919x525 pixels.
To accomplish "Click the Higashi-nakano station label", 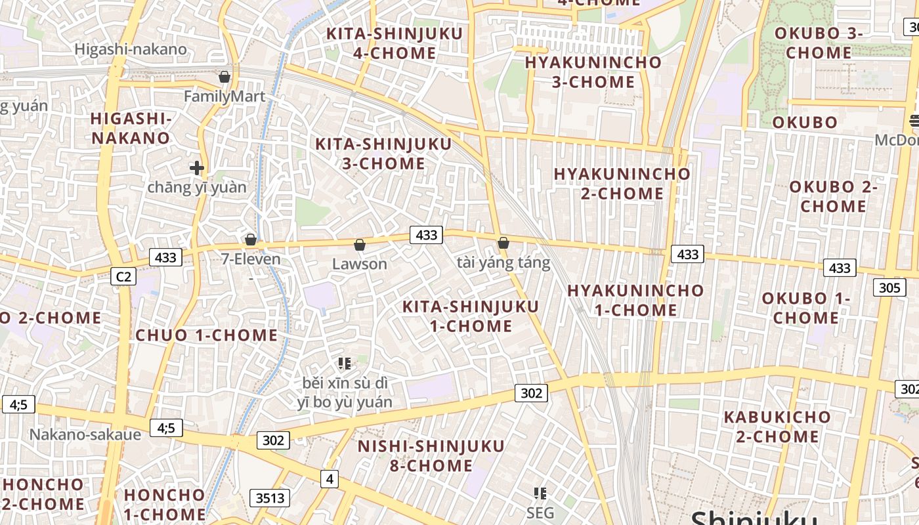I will coord(131,49).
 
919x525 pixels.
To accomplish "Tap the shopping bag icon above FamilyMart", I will coord(224,77).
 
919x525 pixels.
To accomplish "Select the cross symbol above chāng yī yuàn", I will coord(196,168).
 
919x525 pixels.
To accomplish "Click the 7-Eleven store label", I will coord(251,259).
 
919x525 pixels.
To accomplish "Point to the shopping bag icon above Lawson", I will coord(360,245).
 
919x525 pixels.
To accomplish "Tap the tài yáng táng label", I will coord(503,263).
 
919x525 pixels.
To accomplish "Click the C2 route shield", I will coord(123,277).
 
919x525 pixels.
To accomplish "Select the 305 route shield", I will coord(889,287).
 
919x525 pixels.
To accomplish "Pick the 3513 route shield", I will coord(270,498).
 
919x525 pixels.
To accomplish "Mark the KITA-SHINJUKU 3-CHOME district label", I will coord(383,154).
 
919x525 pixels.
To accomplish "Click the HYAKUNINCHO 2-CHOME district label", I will coord(622,184).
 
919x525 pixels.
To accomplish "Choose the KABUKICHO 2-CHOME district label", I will coord(777,427).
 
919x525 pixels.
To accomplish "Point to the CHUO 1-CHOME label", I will coord(207,335).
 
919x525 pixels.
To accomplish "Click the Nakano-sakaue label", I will coord(85,434).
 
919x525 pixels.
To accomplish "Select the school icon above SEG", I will coord(540,493).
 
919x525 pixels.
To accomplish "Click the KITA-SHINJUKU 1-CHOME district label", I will coord(471,316).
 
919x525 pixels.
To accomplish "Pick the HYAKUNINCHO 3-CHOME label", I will coord(593,72).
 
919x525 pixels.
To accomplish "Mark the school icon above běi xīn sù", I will coord(345,363).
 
